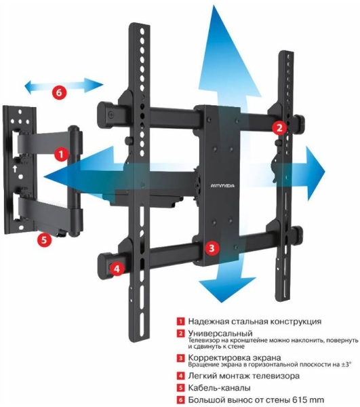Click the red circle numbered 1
click(61, 155)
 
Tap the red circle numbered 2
click(279, 128)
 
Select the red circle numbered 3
click(212, 248)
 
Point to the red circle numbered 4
click(117, 269)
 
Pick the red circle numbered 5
click(44, 239)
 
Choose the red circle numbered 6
click(59, 92)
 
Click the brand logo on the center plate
click(222, 186)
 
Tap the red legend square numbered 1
click(180, 322)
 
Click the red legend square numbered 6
click(180, 400)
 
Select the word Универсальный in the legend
click(220, 333)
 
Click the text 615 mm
click(308, 400)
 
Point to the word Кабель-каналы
click(219, 388)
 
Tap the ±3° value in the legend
click(346, 364)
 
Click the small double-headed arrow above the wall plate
click(64, 85)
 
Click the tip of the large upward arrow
click(214, 5)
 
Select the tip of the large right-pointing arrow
click(325, 172)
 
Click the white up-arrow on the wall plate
click(15, 169)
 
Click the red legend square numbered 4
click(180, 376)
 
